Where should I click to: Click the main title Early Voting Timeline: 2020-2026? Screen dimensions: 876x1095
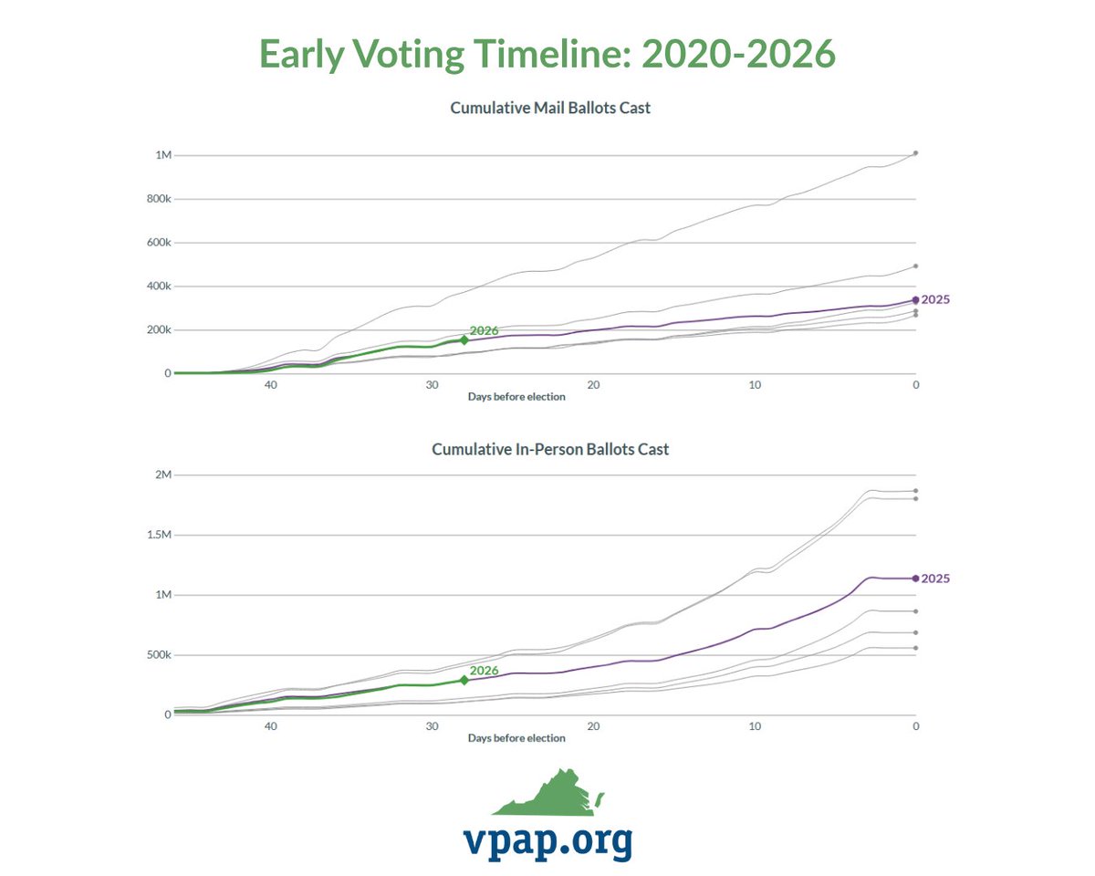tap(547, 55)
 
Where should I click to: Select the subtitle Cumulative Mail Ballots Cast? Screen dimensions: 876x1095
tap(550, 108)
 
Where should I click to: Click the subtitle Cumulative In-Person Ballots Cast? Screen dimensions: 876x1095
tap(550, 449)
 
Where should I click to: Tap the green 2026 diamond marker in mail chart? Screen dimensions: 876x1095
tap(464, 339)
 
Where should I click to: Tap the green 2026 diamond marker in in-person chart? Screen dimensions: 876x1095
tap(464, 680)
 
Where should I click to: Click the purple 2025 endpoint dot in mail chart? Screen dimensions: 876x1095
tap(915, 299)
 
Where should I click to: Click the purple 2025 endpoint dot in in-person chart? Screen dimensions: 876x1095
tap(915, 578)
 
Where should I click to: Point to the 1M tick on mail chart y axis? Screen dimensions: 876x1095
tap(162, 155)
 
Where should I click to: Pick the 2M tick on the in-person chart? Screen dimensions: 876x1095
tap(162, 474)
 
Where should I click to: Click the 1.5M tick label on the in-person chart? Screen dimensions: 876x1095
tap(157, 535)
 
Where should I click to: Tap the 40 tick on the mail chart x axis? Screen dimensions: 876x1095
tap(271, 385)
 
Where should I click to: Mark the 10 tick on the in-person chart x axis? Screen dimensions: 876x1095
tap(755, 726)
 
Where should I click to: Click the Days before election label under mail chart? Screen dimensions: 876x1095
tap(516, 397)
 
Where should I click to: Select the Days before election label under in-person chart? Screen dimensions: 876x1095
tap(516, 737)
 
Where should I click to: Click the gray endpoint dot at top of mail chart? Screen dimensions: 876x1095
tap(915, 153)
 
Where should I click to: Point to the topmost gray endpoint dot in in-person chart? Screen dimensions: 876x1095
tap(915, 491)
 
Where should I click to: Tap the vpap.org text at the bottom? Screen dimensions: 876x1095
tap(547, 841)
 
